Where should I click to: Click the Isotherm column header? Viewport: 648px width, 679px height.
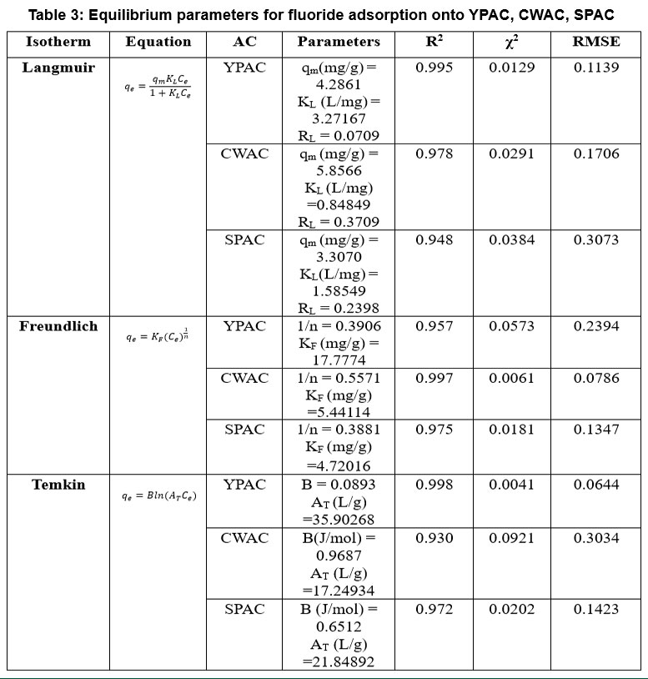tap(58, 42)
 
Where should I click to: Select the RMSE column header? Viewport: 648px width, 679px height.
tap(596, 42)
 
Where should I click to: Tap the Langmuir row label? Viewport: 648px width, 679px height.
tap(58, 68)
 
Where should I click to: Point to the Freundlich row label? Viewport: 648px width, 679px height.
tap(58, 326)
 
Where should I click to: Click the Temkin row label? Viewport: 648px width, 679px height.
tap(58, 485)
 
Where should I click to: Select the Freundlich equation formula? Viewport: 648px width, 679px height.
tap(158, 335)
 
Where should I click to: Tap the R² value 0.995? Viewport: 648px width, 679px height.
tap(435, 68)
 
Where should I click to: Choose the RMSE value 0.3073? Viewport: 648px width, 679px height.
tap(596, 240)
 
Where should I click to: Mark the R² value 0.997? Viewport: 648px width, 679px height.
tap(435, 378)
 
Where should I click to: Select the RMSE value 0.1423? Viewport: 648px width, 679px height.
tap(596, 609)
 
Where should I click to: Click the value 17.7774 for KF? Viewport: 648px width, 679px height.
tap(339, 360)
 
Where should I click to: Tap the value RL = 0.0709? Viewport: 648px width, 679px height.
tap(339, 136)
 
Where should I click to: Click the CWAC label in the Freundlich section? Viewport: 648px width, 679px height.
tap(244, 378)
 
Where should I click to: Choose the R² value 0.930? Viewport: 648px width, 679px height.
tap(435, 538)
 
